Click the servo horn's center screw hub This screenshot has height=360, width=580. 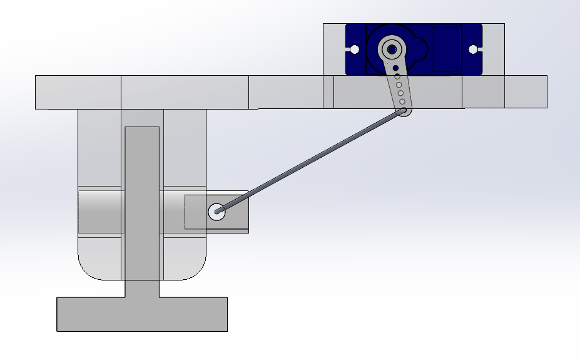(392, 49)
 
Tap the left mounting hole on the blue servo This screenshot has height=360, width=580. (354, 49)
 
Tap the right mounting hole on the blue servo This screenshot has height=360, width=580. (473, 49)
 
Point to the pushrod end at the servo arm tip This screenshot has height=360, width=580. (405, 111)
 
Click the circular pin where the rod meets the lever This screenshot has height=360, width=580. (216, 212)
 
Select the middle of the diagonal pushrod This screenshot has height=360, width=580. (311, 162)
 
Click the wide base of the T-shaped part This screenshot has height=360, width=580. (142, 314)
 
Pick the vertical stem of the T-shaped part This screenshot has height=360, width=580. (142, 200)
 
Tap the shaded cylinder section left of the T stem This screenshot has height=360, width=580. (101, 212)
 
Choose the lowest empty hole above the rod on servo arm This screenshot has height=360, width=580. (402, 101)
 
